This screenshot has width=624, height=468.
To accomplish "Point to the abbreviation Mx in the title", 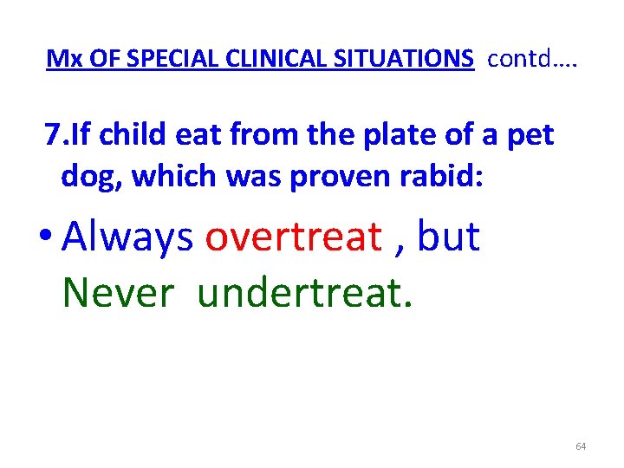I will [59, 59].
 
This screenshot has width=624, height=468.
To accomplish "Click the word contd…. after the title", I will [532, 59].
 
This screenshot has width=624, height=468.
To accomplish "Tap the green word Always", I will [128, 237].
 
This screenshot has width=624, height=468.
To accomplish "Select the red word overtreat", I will [293, 237].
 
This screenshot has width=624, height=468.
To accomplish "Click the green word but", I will [448, 237].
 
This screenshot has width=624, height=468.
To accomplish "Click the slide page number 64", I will [580, 446].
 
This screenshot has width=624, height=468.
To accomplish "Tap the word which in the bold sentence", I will [172, 175].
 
